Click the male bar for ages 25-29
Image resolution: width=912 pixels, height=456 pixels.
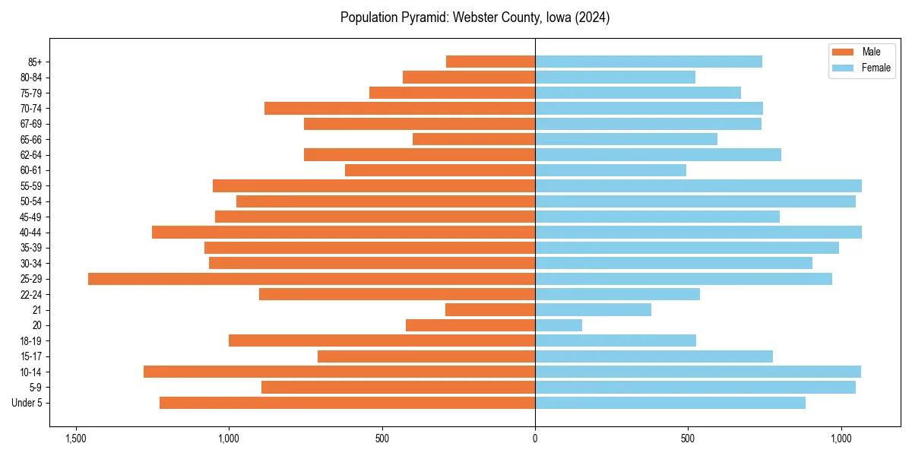point(312,279)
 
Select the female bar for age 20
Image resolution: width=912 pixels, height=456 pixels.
point(559,325)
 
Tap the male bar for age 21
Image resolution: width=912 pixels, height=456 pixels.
point(490,310)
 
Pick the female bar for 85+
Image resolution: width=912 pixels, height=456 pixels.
point(648,62)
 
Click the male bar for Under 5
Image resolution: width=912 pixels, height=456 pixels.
point(347,403)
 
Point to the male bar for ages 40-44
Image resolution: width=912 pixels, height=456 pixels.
point(344,233)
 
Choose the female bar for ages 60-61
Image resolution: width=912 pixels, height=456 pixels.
point(610,170)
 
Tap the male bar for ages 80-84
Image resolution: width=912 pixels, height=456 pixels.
point(469,78)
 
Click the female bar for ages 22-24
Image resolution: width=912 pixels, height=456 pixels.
point(617,294)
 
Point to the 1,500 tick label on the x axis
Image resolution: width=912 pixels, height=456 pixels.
point(75,439)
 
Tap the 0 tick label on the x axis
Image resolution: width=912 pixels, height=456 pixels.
point(535,439)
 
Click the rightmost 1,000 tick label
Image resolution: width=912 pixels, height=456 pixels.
point(841,439)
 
